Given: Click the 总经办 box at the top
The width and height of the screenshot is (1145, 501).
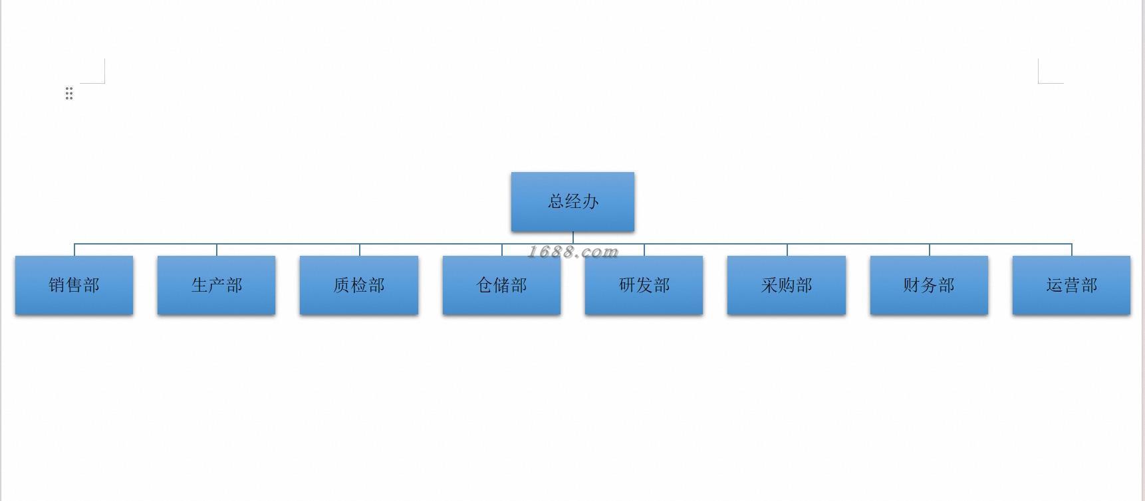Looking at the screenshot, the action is click(572, 202).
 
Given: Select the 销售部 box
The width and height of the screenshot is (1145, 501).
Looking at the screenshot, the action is click(74, 285).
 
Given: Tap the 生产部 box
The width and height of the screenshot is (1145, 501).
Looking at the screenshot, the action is click(216, 285).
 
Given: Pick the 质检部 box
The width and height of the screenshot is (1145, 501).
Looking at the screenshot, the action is click(359, 285).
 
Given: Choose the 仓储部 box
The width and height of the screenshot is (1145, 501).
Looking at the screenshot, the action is click(501, 285).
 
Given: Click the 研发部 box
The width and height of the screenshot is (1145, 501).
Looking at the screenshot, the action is click(644, 285).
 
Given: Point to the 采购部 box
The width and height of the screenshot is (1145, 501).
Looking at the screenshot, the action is click(787, 285).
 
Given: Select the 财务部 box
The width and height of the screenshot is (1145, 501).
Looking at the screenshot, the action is click(929, 285).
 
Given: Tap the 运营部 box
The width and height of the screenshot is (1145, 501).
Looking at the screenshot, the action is click(1071, 285).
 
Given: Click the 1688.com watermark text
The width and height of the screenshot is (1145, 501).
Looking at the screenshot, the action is click(572, 252).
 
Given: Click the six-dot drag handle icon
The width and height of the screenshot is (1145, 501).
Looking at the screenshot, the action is click(69, 93).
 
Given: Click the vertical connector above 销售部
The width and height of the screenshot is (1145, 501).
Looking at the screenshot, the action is click(74, 250).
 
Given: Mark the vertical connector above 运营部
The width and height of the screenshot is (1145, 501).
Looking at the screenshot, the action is click(1072, 250).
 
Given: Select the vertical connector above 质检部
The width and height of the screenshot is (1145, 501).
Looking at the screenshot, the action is click(360, 250).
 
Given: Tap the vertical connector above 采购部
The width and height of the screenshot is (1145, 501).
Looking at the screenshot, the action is click(787, 250).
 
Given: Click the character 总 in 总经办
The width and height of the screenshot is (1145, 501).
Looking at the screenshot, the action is click(556, 201).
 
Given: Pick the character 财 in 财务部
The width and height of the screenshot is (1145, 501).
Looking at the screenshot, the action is click(911, 285).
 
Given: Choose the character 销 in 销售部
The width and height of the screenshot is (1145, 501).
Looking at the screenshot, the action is click(57, 285).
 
